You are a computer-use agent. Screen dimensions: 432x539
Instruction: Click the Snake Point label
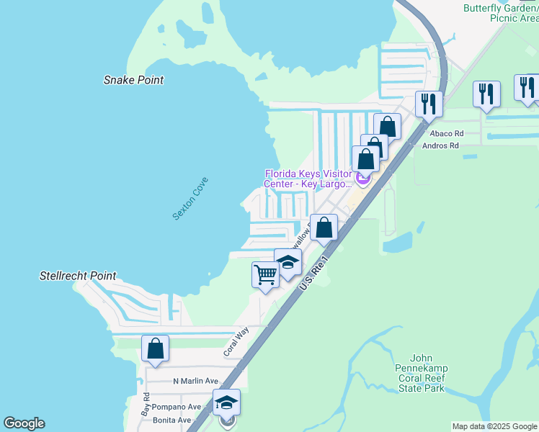[x=133, y=80]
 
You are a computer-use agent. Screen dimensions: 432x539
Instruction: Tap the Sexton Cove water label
[x=190, y=199]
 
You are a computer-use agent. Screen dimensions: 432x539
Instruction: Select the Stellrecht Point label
[x=77, y=276]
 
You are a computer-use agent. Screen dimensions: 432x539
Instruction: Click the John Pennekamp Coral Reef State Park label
[x=428, y=373]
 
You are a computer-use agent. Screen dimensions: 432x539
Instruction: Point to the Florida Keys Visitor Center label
[x=308, y=178]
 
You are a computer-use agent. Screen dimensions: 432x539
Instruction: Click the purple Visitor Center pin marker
[x=362, y=178]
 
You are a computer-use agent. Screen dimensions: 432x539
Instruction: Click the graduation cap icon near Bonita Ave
[x=226, y=402]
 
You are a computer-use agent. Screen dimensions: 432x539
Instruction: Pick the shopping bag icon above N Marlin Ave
[x=155, y=348]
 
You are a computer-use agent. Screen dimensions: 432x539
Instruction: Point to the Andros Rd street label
[x=444, y=145]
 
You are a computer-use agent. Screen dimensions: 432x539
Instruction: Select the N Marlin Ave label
[x=195, y=381]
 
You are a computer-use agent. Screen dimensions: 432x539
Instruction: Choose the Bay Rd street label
[x=146, y=406]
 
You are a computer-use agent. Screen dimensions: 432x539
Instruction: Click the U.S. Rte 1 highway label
[x=315, y=272]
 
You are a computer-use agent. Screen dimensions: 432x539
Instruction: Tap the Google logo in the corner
[x=24, y=423]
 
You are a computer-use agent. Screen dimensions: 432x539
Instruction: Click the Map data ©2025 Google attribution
[x=494, y=426]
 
